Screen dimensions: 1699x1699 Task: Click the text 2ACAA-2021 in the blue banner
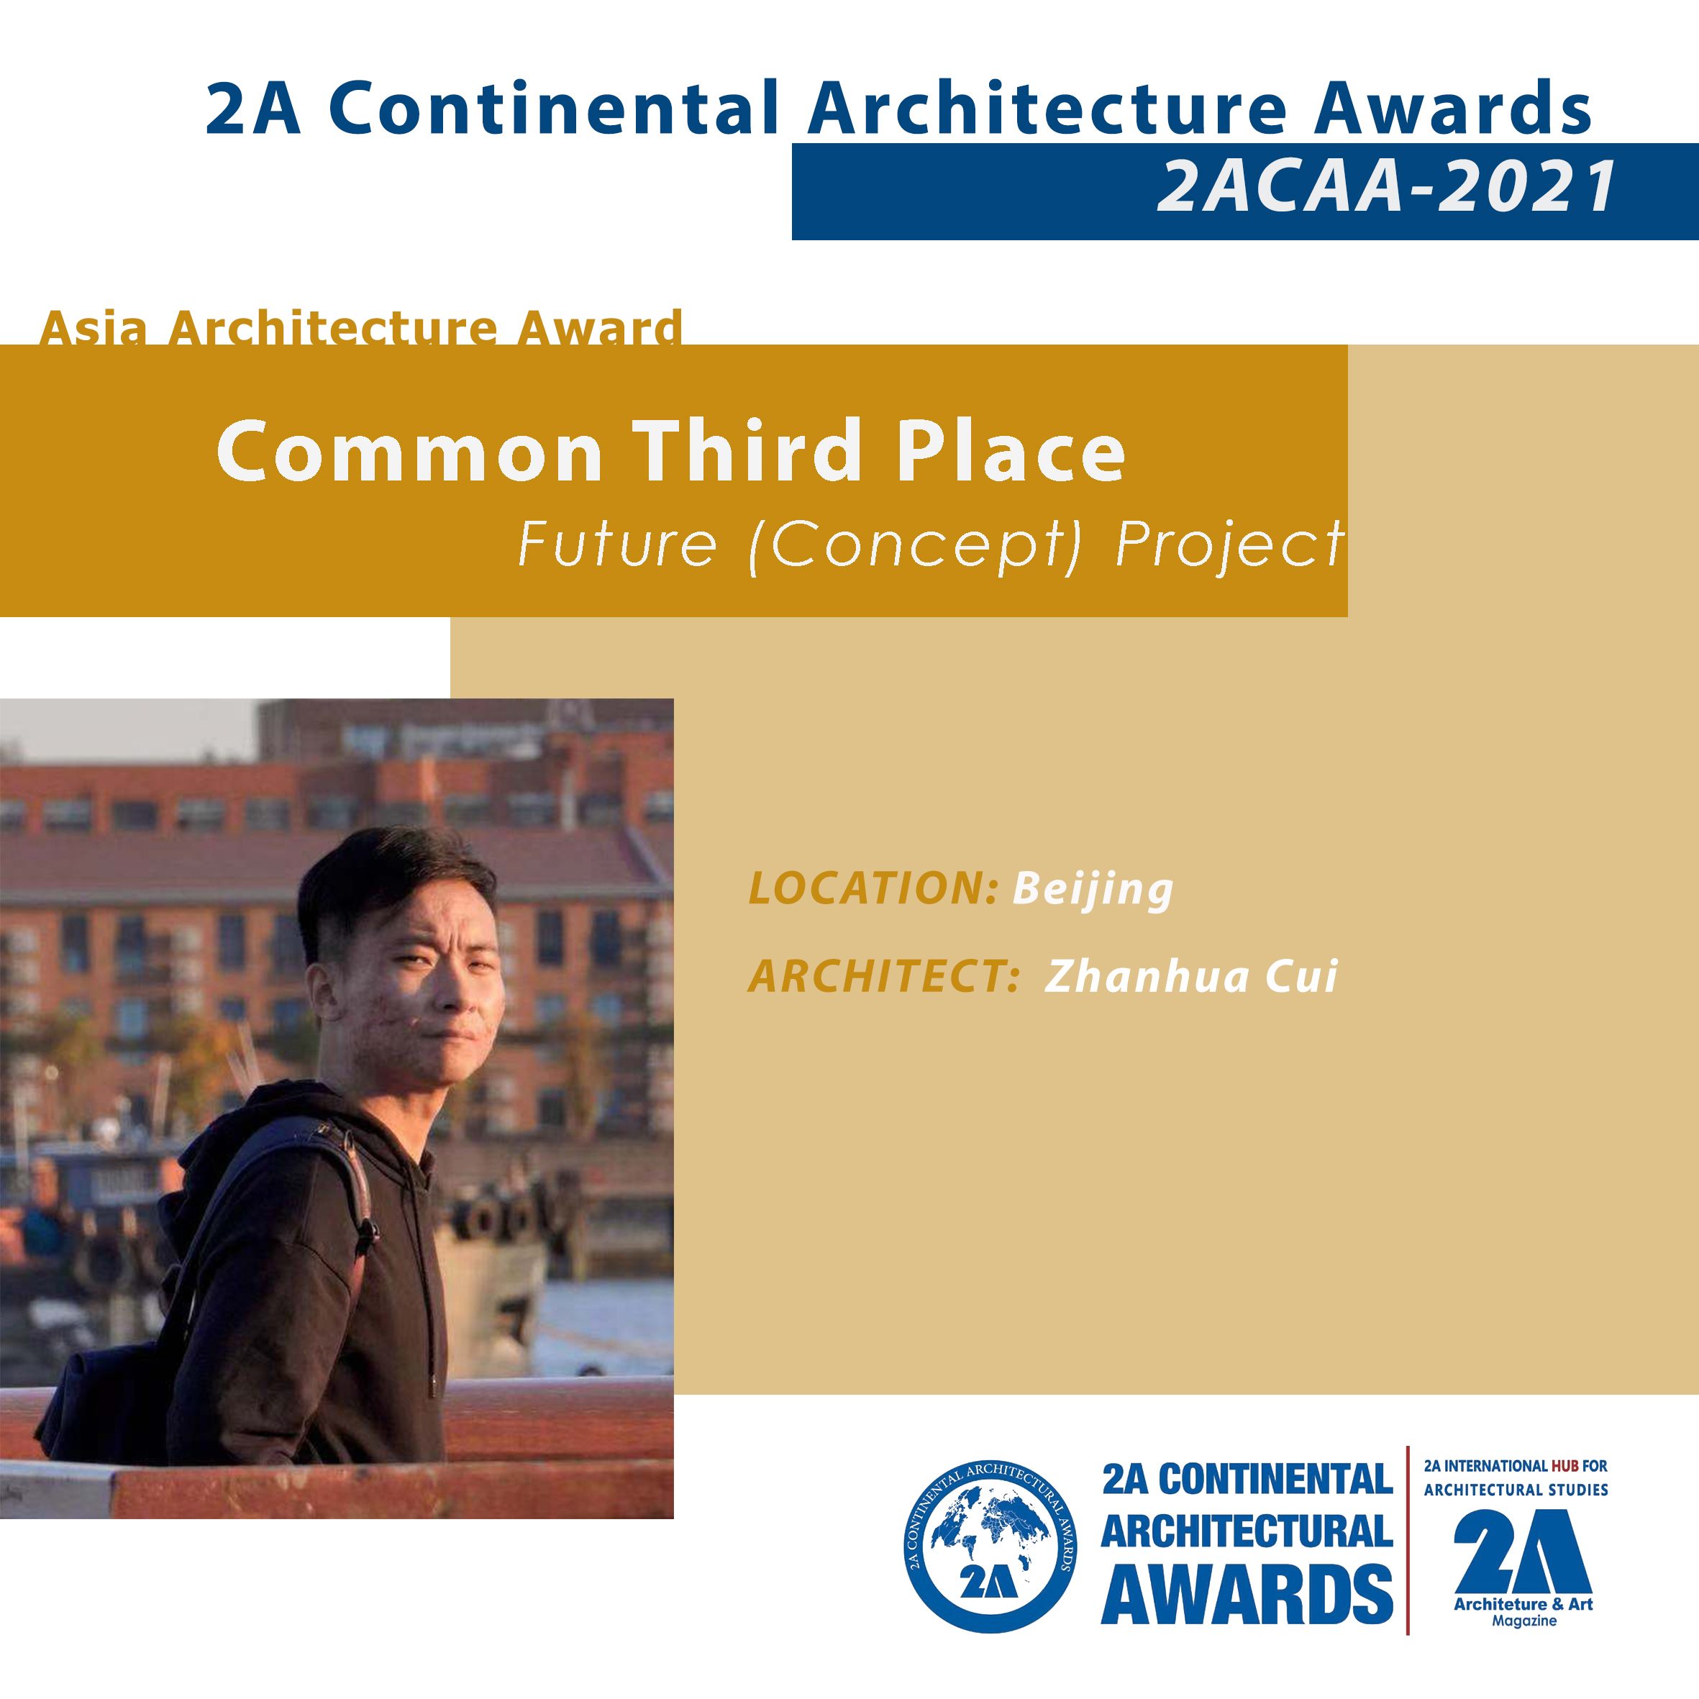(1387, 186)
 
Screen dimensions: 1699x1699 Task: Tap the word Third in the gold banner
(747, 450)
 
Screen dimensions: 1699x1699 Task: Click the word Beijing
(1093, 890)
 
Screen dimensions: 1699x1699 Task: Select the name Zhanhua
(1147, 975)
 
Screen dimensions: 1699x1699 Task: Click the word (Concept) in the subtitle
(916, 546)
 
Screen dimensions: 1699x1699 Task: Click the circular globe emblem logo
(990, 1547)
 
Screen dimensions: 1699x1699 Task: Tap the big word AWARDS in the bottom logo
(1247, 1595)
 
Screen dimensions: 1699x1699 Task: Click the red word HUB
(1564, 1466)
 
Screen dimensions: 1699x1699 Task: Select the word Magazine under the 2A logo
(1524, 1621)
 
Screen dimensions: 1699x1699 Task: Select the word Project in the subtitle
(1230, 546)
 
